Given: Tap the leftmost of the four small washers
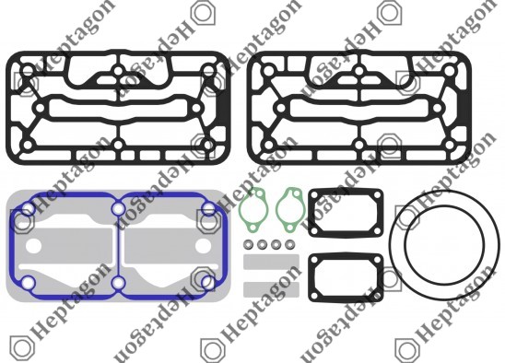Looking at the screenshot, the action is click(x=248, y=244).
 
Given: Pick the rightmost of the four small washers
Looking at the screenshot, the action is click(x=290, y=244).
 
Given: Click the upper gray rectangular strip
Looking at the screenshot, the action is click(x=271, y=262).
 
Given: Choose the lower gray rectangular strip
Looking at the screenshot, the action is click(x=271, y=289).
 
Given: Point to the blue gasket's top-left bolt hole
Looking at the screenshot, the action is click(x=29, y=209).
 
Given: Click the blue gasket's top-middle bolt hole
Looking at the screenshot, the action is click(x=119, y=209).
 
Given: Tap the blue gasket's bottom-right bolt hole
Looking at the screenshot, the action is click(x=208, y=283).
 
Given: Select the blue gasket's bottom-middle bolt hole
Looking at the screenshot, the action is click(x=119, y=283).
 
